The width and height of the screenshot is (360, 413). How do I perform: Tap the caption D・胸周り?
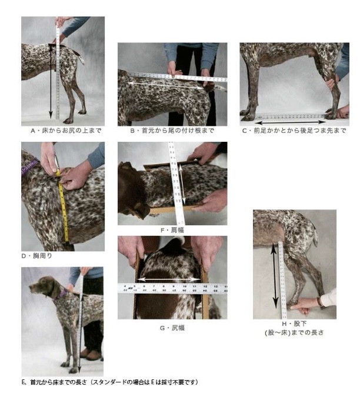(37, 256)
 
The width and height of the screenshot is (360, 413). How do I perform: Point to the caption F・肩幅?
(172, 230)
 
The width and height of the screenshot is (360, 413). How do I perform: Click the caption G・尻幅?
(172, 328)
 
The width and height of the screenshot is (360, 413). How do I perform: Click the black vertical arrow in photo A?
(51, 82)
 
